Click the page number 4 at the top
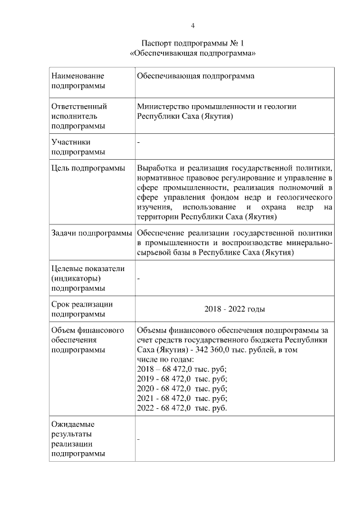tap(192, 26)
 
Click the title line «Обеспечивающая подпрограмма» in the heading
tap(192, 53)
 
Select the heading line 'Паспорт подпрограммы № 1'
tap(192, 43)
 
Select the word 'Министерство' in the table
tap(163, 106)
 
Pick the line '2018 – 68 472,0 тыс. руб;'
tap(182, 369)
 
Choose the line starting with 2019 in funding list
tap(182, 379)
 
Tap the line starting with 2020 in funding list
tap(182, 389)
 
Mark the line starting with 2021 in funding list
tap(182, 398)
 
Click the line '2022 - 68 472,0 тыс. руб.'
tap(182, 408)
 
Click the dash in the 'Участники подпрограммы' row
tap(138, 142)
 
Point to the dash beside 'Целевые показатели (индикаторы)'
tap(138, 278)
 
